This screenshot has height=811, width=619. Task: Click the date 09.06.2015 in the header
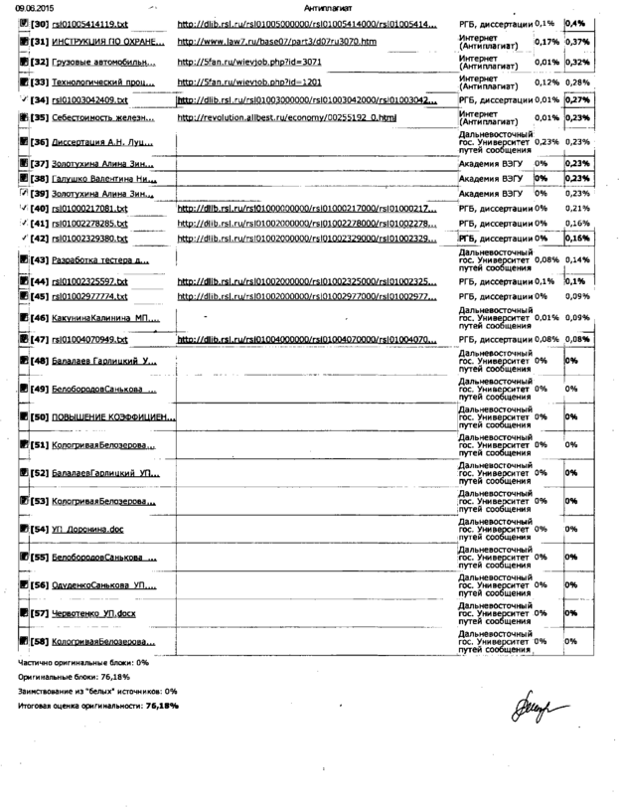point(19,7)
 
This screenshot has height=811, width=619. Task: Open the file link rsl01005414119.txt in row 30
point(78,23)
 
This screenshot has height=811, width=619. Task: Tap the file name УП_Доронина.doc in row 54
point(86,530)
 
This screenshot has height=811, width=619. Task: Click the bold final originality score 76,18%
point(161,705)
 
